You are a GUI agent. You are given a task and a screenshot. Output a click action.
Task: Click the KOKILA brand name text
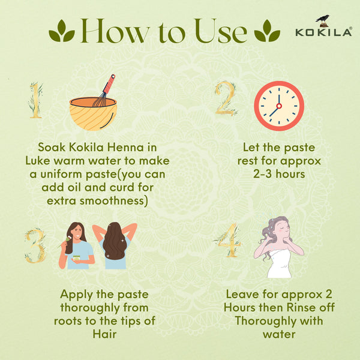pos(323,33)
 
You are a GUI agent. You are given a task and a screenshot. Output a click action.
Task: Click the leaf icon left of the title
pos(62,31)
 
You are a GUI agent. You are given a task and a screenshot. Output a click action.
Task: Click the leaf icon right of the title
pos(267,31)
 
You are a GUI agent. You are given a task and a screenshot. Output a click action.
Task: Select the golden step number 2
pos(226,98)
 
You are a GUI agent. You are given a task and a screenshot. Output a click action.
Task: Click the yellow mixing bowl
pos(92,113)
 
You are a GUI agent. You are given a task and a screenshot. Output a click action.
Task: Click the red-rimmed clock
pos(278,106)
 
